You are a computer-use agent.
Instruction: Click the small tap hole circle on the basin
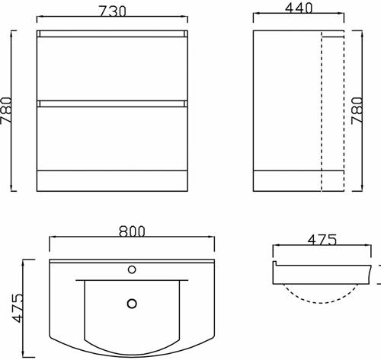coord(132,269)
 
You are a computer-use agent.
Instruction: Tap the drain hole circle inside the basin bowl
coord(132,303)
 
